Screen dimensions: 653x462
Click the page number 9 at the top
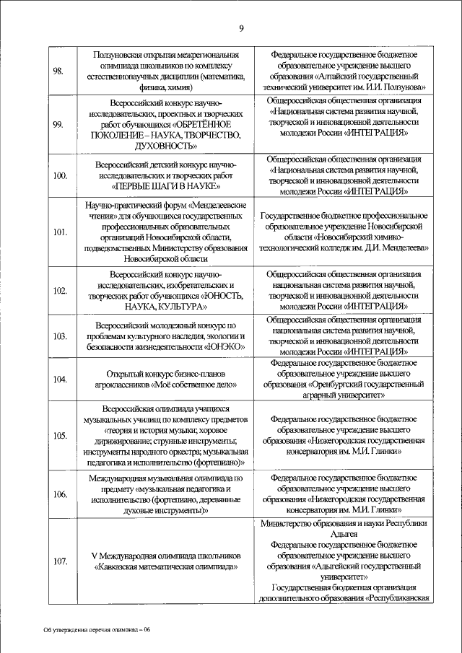(x=242, y=28)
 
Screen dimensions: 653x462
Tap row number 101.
(x=60, y=232)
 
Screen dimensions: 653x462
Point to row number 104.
(x=60, y=380)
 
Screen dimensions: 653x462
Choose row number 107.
(x=60, y=561)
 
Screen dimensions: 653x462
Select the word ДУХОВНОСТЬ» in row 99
(x=166, y=146)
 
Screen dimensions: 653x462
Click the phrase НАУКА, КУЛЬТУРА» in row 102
(x=166, y=307)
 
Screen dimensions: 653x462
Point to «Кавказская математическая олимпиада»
(x=166, y=566)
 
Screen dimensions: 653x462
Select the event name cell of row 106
(x=166, y=494)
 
